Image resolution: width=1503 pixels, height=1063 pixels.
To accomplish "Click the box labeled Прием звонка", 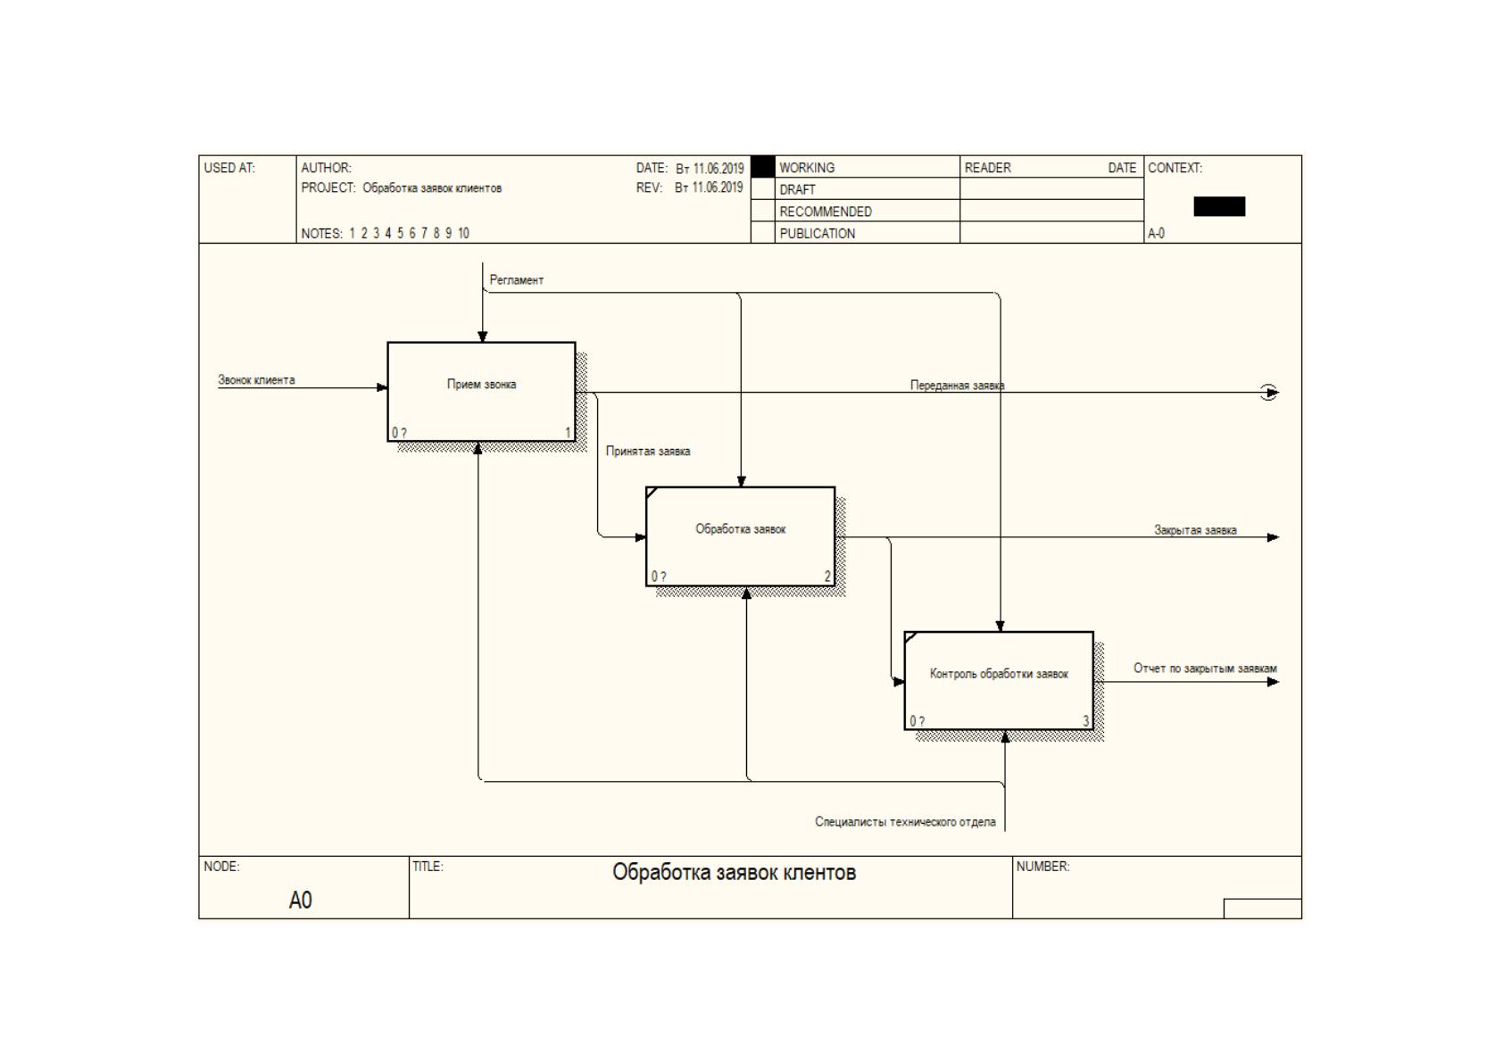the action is click(481, 392).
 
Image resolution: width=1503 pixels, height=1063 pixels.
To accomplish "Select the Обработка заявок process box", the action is click(740, 536).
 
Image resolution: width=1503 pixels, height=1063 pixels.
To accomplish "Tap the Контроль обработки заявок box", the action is click(999, 680).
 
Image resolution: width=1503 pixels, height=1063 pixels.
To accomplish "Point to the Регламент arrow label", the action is click(516, 280).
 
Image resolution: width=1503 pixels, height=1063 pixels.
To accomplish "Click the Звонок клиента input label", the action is click(256, 380).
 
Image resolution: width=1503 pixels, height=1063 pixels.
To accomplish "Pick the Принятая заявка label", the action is click(647, 451).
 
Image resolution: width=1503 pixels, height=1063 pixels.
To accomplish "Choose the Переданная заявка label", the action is click(957, 386).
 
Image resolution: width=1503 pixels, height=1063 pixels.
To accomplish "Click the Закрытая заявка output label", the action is click(1195, 530).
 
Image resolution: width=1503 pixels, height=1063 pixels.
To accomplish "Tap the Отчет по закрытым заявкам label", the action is click(1205, 669).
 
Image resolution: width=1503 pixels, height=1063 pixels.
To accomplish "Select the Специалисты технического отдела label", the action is click(905, 821).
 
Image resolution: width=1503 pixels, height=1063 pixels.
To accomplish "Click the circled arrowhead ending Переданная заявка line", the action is click(1268, 393).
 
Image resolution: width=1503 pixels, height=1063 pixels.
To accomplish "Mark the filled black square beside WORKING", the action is click(762, 166).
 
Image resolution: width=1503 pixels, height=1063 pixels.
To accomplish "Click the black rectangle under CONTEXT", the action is click(1219, 207).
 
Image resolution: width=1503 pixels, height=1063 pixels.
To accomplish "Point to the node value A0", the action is click(300, 900).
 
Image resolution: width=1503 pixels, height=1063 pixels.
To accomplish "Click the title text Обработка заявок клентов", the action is click(734, 872).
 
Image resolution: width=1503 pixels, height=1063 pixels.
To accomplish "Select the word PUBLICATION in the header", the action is click(818, 234).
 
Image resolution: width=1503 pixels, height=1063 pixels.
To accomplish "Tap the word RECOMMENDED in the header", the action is click(826, 212).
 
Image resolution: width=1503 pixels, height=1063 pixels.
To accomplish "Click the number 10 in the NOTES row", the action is click(463, 233).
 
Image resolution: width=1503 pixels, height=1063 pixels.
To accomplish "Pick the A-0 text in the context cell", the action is click(1156, 234).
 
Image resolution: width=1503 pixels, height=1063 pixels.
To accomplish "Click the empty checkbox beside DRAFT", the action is click(762, 188).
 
